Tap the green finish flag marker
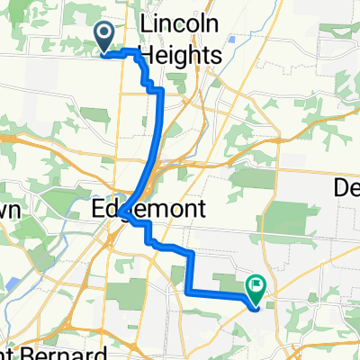coord(258,289)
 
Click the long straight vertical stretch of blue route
coord(161,135)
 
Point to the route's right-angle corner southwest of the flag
coord(188,291)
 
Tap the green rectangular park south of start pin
coord(94,115)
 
